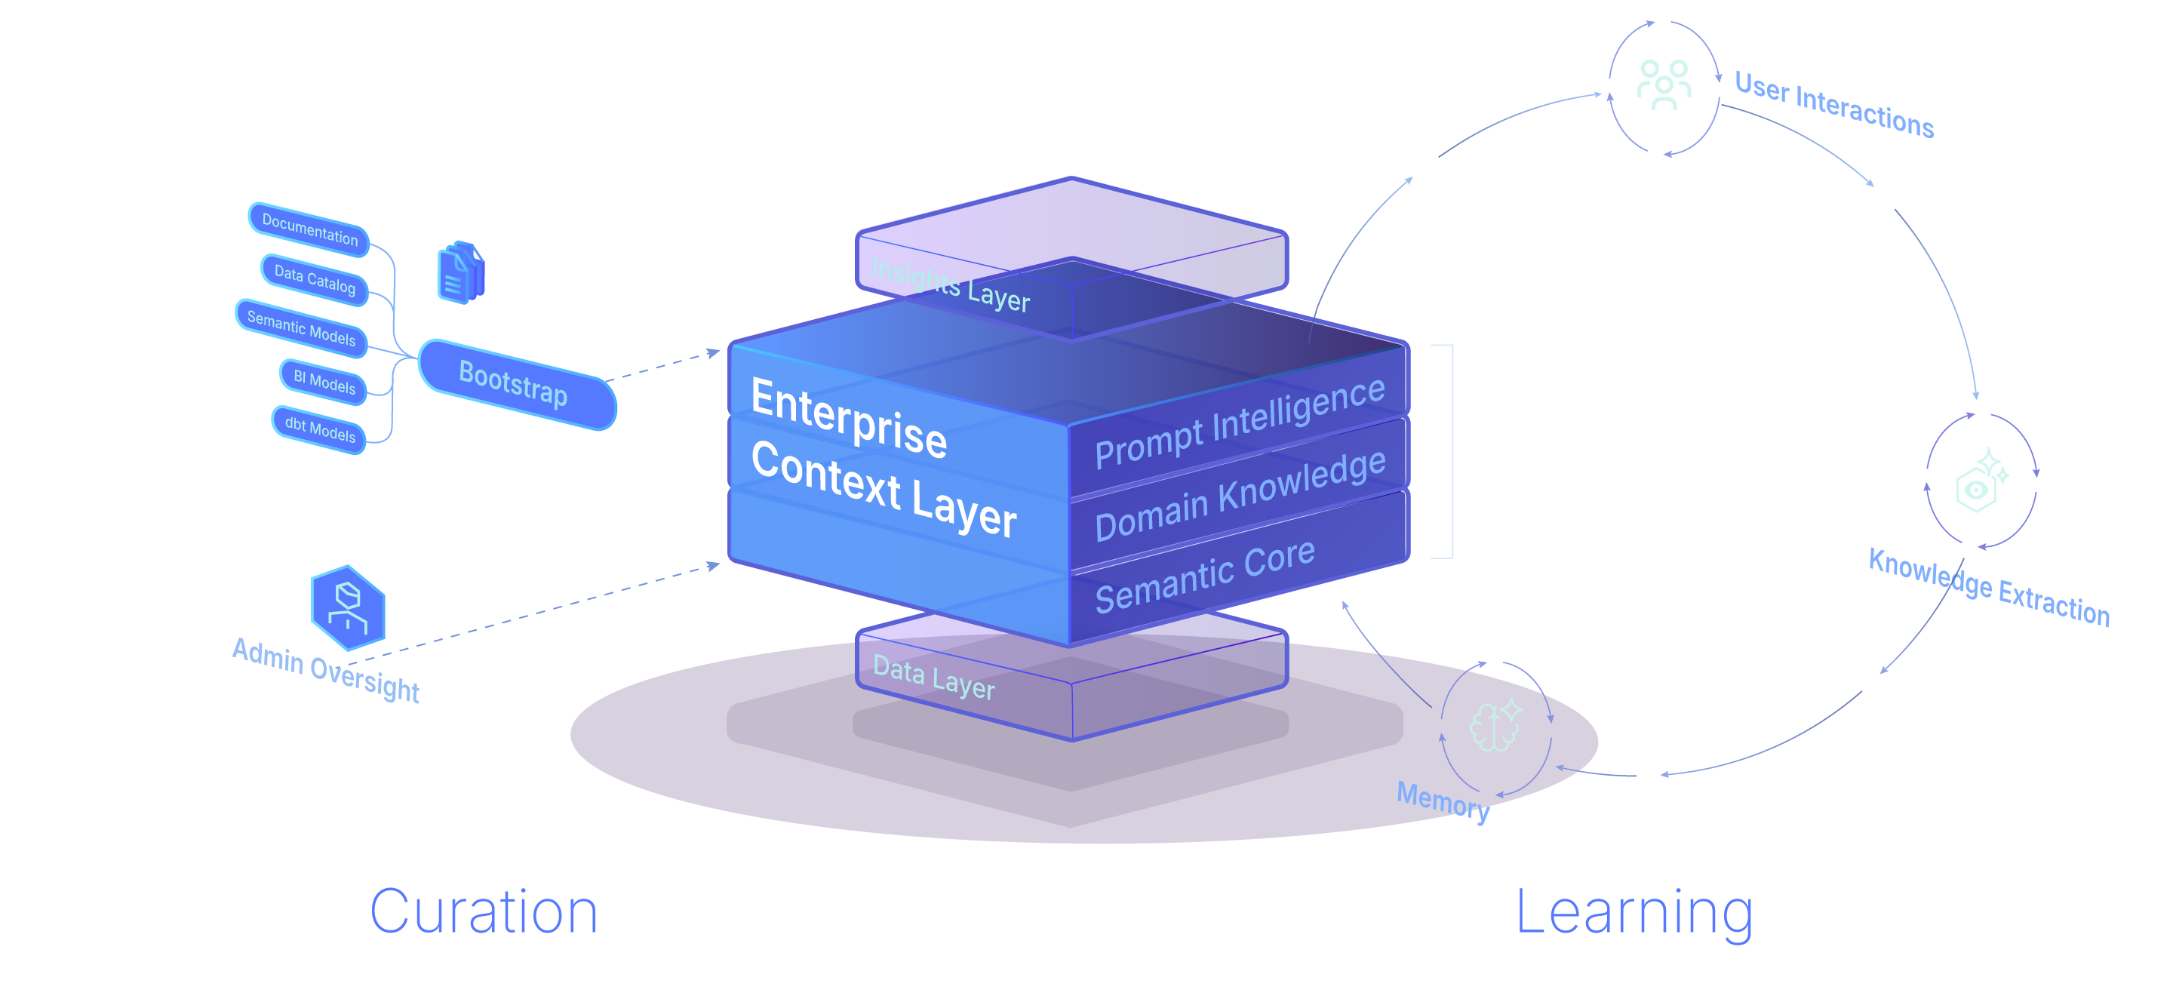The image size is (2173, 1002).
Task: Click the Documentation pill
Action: pos(309,229)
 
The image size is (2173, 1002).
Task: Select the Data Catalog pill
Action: pos(315,279)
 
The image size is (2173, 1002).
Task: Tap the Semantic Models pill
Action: pos(301,328)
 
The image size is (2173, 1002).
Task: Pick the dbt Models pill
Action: pos(320,429)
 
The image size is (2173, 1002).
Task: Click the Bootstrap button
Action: pos(517,385)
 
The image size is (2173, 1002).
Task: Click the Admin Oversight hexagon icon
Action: pos(348,607)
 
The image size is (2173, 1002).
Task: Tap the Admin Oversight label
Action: pos(326,671)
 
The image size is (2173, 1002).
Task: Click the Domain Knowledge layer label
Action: pos(1239,495)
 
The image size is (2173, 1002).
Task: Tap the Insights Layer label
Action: pos(951,284)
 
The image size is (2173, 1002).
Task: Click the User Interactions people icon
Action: pos(1664,85)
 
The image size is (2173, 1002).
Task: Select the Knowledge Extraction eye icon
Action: pos(1981,480)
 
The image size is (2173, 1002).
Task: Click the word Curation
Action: pos(484,913)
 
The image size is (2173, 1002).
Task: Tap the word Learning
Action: pos(1634,914)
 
